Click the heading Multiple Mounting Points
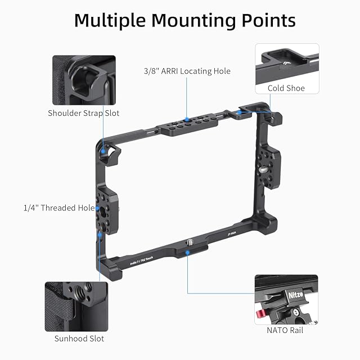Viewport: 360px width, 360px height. (x=185, y=20)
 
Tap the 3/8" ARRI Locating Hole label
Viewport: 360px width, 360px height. (x=187, y=71)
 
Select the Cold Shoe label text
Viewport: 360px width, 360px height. (x=286, y=88)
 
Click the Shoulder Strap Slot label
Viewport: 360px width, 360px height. (x=84, y=113)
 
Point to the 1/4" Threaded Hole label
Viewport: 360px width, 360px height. (x=59, y=208)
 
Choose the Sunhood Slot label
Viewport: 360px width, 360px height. (x=79, y=339)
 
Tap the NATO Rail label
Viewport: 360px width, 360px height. (x=286, y=330)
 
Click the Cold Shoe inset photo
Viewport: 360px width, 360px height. (x=286, y=63)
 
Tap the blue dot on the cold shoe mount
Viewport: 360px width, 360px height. (x=238, y=112)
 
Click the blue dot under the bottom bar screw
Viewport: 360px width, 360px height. (x=188, y=253)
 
